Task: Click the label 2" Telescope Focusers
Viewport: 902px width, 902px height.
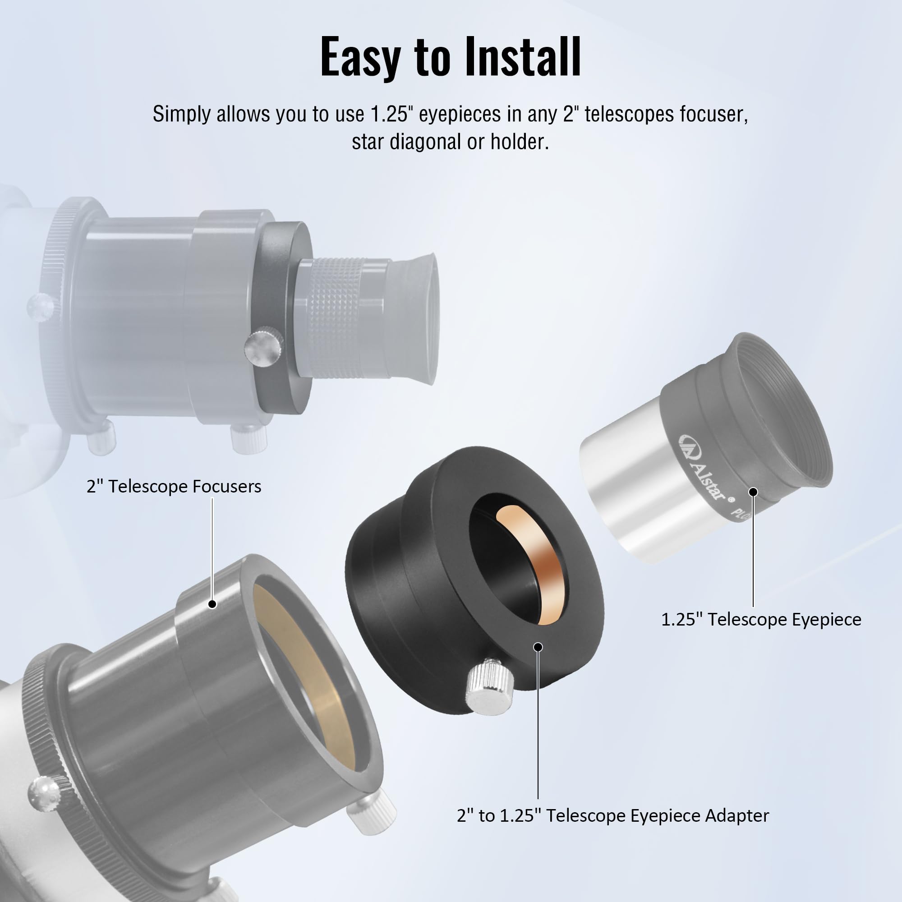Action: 174,487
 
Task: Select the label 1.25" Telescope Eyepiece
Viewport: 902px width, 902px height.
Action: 761,620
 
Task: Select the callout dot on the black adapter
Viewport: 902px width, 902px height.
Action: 538,647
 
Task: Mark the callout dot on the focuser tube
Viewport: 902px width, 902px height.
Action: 212,604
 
